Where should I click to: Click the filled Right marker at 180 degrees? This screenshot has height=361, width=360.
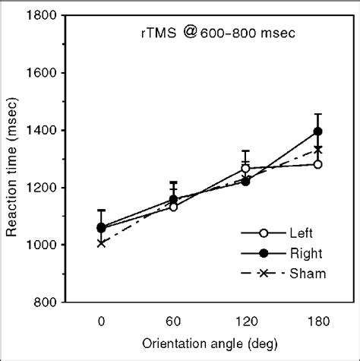click(x=317, y=132)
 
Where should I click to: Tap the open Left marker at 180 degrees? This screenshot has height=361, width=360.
click(x=317, y=164)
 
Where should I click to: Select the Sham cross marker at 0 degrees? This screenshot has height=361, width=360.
click(x=102, y=243)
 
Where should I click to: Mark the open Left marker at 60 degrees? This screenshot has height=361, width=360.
click(x=174, y=207)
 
